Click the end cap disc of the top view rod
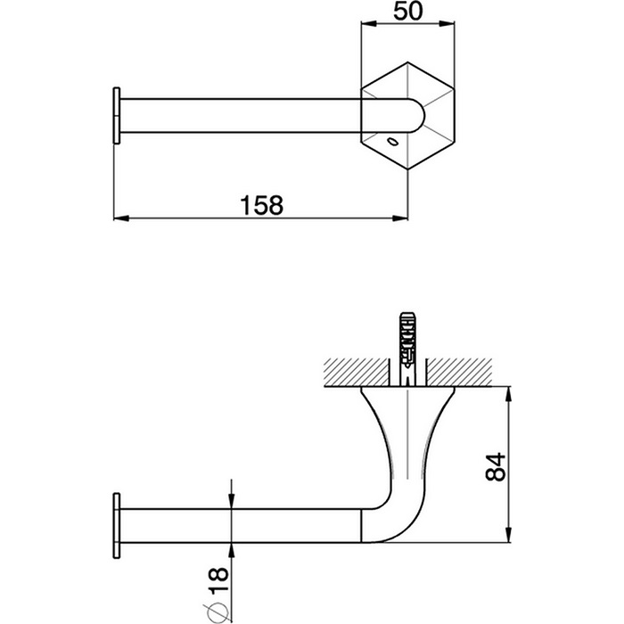115,115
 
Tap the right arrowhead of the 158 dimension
407,218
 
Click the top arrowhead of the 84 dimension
508,391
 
